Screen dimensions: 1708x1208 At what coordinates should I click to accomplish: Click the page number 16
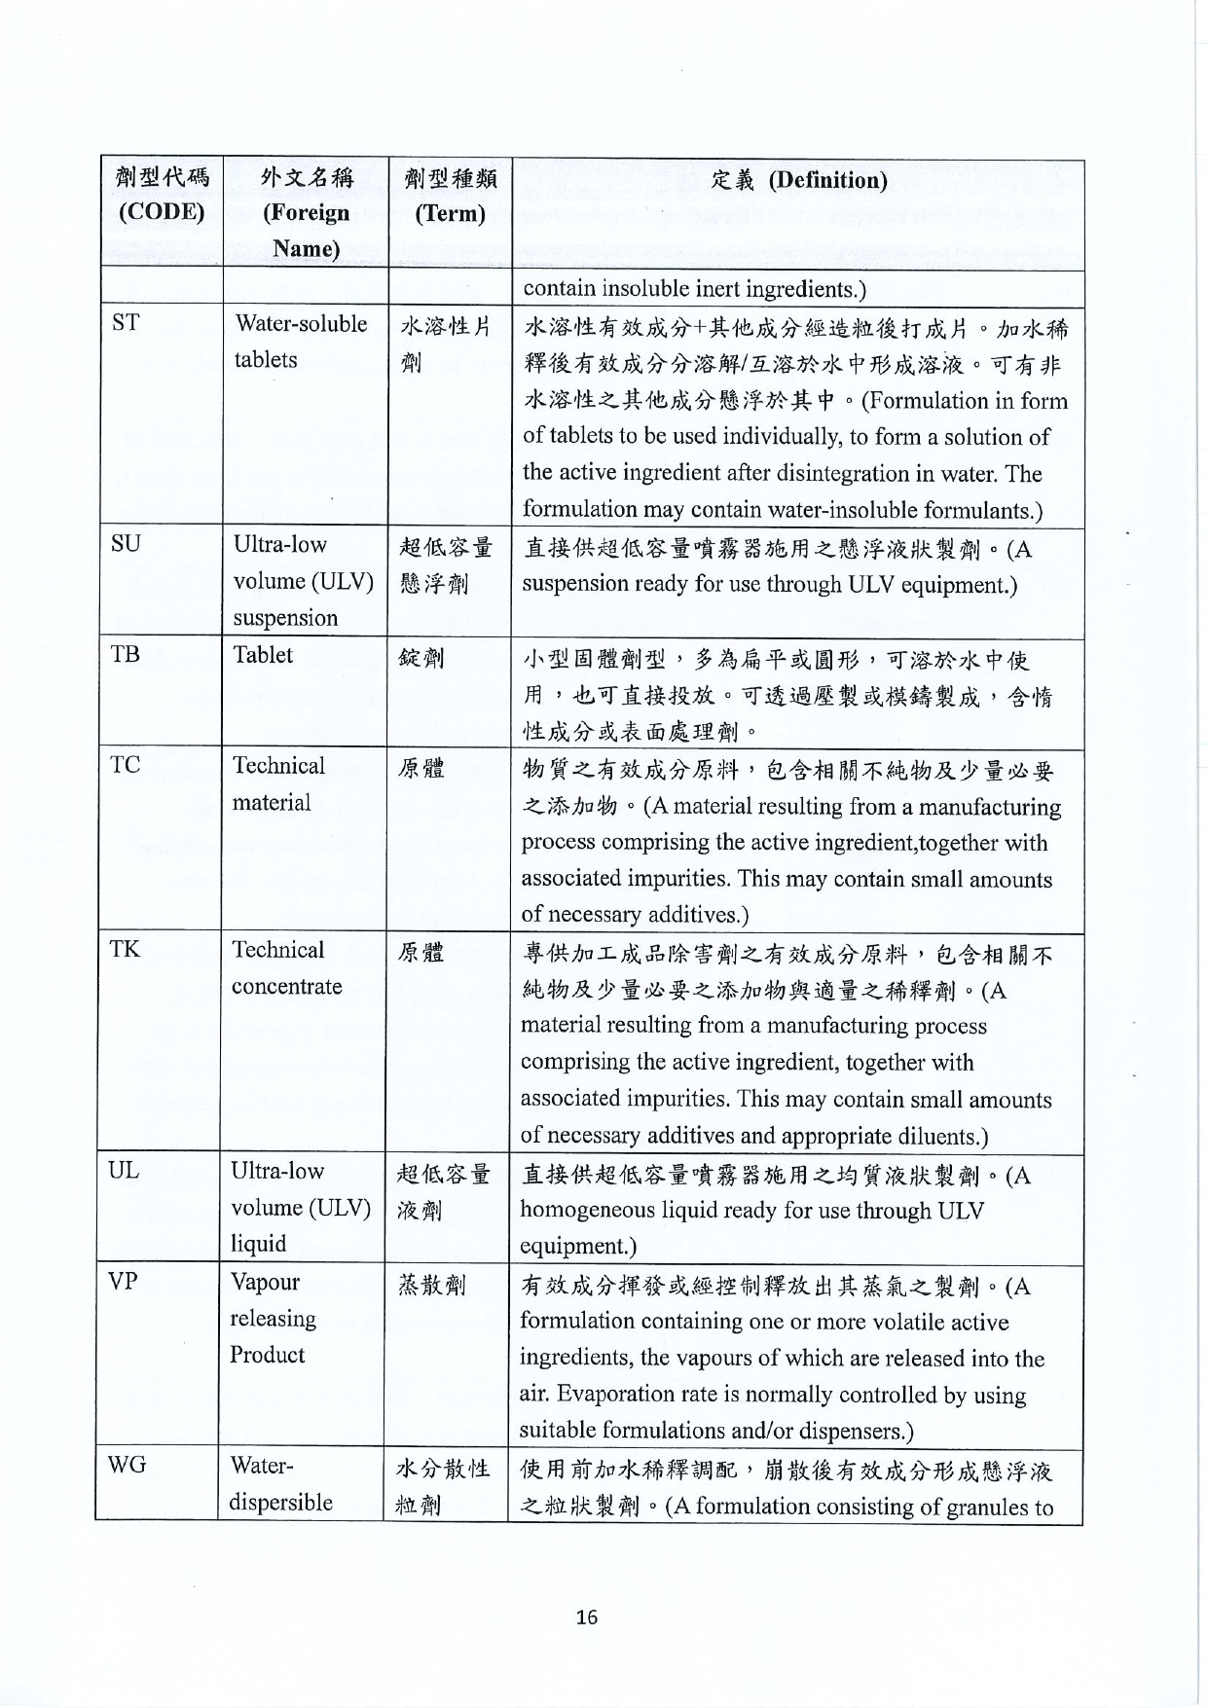pyautogui.click(x=586, y=1617)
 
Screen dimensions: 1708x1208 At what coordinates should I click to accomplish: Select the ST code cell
pyautogui.click(x=126, y=323)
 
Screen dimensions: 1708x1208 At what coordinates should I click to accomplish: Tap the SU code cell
pyautogui.click(x=126, y=544)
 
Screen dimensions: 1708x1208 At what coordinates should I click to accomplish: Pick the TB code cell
pyautogui.click(x=125, y=654)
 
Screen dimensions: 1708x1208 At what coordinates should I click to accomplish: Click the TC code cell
pyautogui.click(x=125, y=765)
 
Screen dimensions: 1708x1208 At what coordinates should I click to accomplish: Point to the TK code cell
pyautogui.click(x=125, y=949)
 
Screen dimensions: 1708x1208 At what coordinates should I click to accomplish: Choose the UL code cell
pyautogui.click(x=124, y=1171)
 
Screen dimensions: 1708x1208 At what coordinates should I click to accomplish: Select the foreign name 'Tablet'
pyautogui.click(x=263, y=655)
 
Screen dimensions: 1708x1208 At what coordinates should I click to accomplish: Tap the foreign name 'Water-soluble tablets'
pyautogui.click(x=300, y=342)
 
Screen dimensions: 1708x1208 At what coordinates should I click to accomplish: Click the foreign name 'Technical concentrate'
pyautogui.click(x=286, y=967)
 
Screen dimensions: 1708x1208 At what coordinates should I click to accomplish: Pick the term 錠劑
pyautogui.click(x=421, y=658)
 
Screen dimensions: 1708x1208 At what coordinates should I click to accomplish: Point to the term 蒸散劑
pyautogui.click(x=431, y=1285)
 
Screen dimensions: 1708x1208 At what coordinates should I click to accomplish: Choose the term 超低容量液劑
pyautogui.click(x=443, y=1192)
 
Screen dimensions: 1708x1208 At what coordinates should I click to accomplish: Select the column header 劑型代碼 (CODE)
pyautogui.click(x=162, y=195)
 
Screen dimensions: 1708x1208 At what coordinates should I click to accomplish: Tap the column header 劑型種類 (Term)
pyautogui.click(x=450, y=195)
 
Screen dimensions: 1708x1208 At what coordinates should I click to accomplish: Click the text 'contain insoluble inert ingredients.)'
pyautogui.click(x=695, y=289)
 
